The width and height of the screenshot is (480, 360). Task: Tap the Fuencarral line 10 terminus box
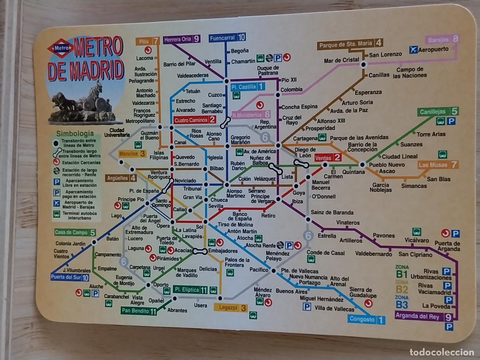click(227, 38)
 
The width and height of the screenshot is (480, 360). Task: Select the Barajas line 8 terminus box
click(443, 40)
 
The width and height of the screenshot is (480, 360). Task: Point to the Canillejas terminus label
click(438, 112)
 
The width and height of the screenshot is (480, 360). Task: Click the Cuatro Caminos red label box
click(195, 120)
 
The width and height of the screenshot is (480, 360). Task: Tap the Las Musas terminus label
click(438, 165)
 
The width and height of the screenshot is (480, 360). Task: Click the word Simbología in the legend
click(75, 134)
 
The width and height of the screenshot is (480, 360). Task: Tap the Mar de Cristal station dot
click(363, 64)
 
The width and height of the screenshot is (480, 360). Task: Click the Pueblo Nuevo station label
click(386, 164)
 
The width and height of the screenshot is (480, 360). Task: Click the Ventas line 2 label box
click(328, 158)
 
